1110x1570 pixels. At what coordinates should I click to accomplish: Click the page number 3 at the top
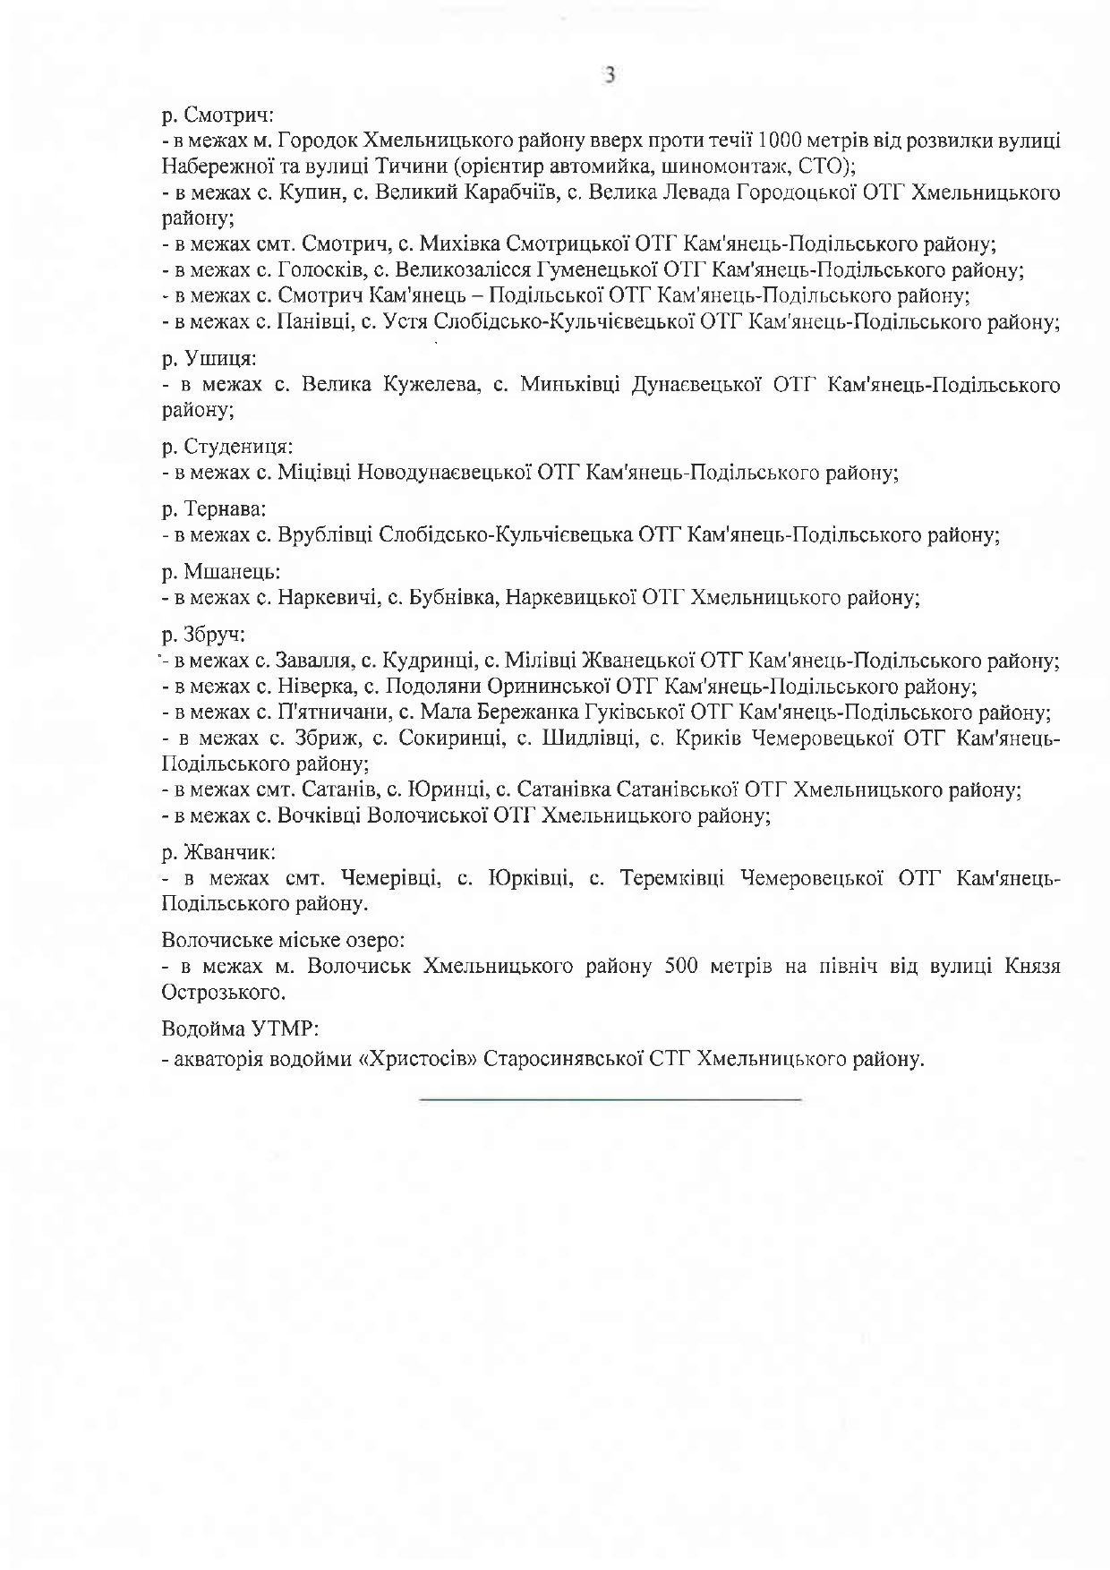(610, 76)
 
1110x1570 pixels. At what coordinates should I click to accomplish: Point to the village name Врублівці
(326, 535)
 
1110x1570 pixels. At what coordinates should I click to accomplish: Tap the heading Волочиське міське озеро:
(284, 942)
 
